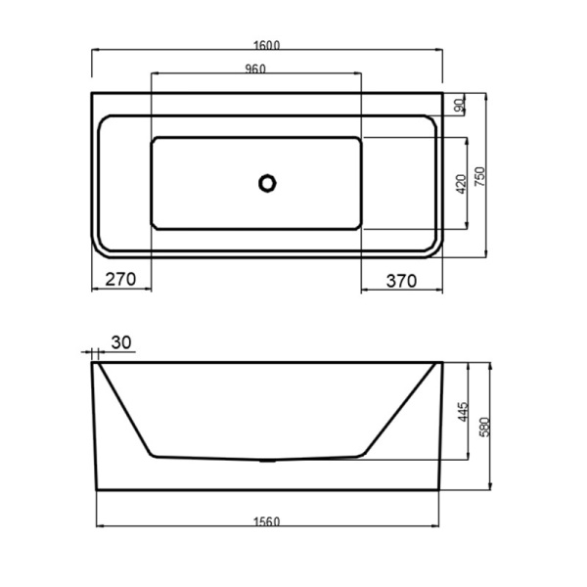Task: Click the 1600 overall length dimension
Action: pos(266,45)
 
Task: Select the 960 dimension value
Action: pos(255,68)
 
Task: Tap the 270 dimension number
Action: pos(120,279)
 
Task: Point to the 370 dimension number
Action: pos(401,281)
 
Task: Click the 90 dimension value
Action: pos(460,105)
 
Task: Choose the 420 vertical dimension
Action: pos(462,184)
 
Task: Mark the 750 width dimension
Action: pos(479,177)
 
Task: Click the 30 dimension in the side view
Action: pos(121,342)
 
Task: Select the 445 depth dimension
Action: pos(463,412)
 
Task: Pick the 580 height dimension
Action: pos(484,427)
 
